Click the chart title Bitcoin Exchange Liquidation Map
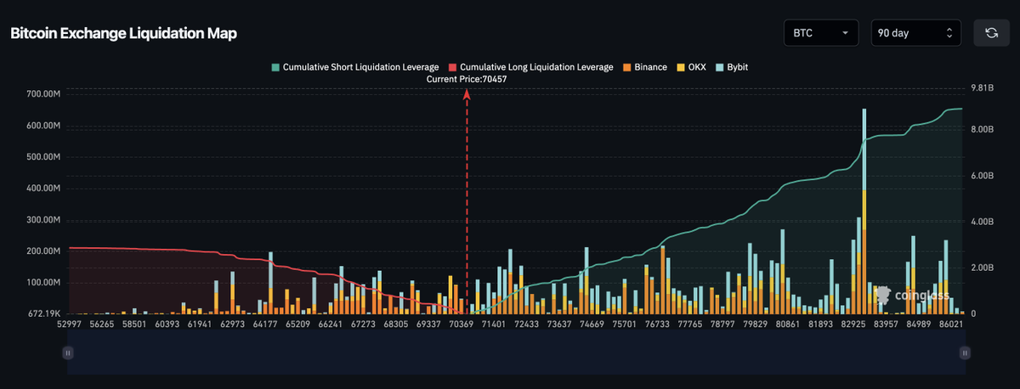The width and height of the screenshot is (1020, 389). (123, 33)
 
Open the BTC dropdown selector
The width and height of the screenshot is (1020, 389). (820, 33)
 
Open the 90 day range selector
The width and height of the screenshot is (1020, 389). (916, 33)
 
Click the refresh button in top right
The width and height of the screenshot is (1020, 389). (991, 33)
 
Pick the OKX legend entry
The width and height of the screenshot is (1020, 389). (691, 66)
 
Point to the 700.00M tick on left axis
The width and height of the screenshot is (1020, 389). (33, 94)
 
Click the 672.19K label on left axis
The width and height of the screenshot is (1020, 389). (34, 313)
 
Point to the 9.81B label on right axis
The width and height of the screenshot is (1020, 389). (983, 87)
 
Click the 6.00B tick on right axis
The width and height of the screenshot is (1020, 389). (983, 176)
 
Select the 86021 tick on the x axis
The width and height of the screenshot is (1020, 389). (951, 324)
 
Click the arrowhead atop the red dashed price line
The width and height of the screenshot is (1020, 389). (467, 96)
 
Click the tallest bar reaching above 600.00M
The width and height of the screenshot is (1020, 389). (864, 212)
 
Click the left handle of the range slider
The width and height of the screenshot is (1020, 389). (66, 352)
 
